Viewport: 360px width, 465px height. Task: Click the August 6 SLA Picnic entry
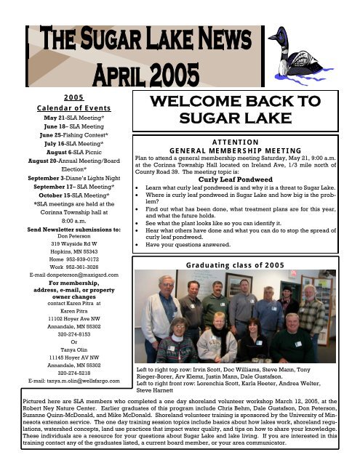pos(66,154)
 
